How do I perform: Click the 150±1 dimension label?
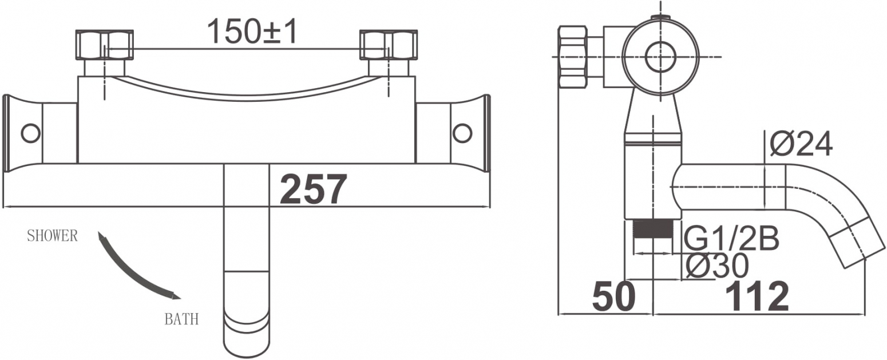(x=252, y=31)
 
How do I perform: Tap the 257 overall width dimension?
(x=313, y=189)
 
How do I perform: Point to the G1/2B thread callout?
(x=731, y=239)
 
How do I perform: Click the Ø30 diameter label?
(x=716, y=266)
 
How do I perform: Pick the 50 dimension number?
(x=613, y=296)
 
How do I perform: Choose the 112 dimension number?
(x=757, y=296)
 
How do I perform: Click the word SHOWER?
(x=52, y=236)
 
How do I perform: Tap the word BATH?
(x=181, y=319)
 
